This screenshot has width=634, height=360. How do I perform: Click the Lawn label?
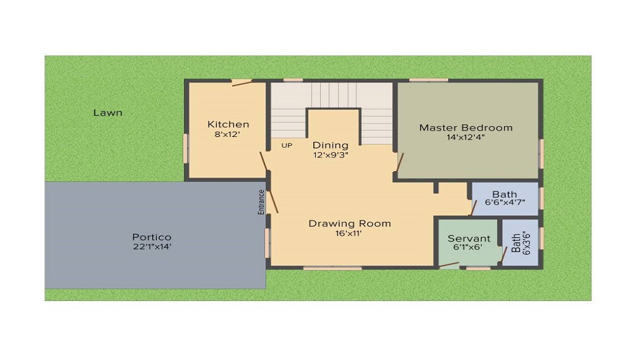[x=108, y=113]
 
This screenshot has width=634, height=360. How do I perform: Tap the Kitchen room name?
[x=228, y=124]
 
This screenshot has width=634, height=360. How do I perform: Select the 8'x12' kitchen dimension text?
[x=228, y=134]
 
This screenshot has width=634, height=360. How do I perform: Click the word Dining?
[x=330, y=145]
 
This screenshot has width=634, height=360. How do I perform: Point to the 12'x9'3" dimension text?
[x=330, y=154]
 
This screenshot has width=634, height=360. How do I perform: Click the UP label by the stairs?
[x=287, y=145]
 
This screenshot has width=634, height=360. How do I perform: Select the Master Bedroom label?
[x=465, y=127]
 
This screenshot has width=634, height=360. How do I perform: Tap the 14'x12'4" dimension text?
[x=466, y=137]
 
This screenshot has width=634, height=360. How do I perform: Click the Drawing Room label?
[x=349, y=223]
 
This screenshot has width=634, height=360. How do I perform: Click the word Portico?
[x=152, y=237]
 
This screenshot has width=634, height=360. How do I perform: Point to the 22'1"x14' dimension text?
[x=152, y=247]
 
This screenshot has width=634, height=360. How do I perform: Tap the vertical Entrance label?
[x=261, y=202]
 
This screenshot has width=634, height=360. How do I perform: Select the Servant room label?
[x=469, y=238]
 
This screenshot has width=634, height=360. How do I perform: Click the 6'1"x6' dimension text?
[x=469, y=247]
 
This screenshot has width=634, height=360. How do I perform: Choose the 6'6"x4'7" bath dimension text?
[x=504, y=203]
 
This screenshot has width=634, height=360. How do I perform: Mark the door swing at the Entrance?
[x=274, y=201]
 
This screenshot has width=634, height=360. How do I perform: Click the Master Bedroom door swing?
[x=399, y=162]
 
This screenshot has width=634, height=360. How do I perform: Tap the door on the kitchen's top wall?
[x=242, y=82]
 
